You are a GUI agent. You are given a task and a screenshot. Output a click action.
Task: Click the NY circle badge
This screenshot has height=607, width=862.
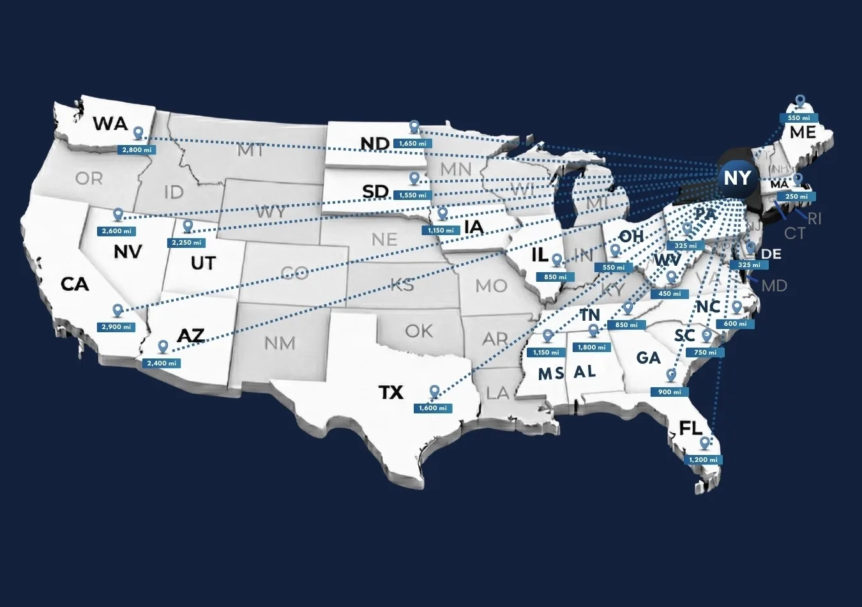coord(737,178)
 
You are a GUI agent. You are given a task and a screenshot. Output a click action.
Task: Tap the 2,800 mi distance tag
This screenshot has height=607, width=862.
coord(136,150)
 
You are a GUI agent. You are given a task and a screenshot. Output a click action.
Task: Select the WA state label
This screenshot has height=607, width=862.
coord(110,123)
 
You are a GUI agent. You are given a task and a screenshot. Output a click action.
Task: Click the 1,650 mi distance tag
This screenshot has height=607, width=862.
coord(412,144)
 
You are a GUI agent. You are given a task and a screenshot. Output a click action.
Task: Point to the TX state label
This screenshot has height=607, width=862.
coord(391,392)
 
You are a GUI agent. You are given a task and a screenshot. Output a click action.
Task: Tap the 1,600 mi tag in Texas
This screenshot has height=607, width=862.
coord(433,408)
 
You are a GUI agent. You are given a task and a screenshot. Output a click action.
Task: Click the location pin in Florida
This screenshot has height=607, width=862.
coord(704,442)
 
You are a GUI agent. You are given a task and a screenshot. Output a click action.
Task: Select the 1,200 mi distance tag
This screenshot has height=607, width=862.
coord(703,460)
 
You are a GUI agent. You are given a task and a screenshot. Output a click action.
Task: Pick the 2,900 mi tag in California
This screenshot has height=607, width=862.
coord(116,327)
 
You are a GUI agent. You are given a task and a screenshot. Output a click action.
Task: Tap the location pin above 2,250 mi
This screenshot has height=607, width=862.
coord(187,226)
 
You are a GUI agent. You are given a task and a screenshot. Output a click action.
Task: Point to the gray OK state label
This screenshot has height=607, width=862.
coord(419,331)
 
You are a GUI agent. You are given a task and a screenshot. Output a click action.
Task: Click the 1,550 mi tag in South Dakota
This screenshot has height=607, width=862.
coord(412,196)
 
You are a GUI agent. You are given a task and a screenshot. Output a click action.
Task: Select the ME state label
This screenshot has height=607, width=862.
coord(803,132)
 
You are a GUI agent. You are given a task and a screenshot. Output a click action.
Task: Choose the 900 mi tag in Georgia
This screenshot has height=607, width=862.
coord(669,392)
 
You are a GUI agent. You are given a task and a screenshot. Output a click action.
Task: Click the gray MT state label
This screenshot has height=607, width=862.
coord(250,151)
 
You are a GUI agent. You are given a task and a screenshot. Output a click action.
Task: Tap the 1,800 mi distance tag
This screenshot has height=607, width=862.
coord(592,348)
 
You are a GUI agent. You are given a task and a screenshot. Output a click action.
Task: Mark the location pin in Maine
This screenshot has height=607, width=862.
coord(800,101)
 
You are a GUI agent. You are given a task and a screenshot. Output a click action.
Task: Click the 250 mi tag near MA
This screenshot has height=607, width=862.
coord(796,197)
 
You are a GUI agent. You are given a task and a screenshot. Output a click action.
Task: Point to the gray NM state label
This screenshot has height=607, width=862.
coord(280,343)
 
